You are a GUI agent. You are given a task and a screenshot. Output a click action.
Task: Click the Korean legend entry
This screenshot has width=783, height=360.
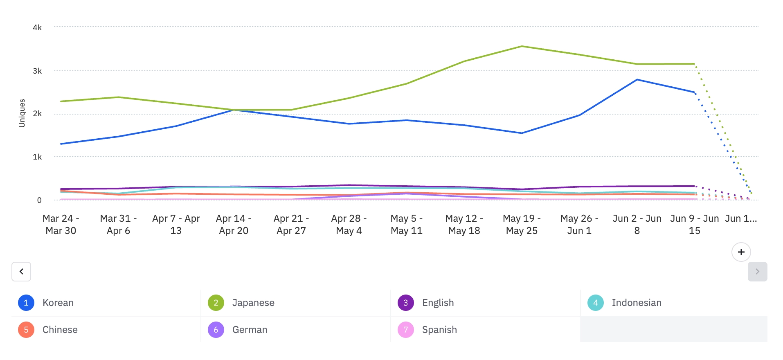click(58, 303)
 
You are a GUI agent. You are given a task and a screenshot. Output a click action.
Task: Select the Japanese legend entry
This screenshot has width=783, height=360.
click(253, 303)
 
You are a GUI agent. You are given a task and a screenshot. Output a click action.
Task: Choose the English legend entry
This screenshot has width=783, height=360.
click(437, 303)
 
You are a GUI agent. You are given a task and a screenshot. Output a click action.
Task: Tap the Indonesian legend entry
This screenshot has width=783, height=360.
click(636, 303)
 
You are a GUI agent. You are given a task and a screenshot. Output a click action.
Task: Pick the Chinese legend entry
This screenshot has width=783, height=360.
click(60, 330)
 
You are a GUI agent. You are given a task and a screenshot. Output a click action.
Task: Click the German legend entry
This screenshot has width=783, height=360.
click(250, 330)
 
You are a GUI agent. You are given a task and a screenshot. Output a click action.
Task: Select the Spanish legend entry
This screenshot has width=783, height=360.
click(439, 330)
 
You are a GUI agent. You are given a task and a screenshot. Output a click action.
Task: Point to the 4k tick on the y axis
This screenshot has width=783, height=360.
click(37, 27)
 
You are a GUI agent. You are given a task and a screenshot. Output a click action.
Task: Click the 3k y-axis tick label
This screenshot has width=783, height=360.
click(37, 71)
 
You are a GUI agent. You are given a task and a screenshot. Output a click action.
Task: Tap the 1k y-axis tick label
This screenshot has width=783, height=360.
click(37, 157)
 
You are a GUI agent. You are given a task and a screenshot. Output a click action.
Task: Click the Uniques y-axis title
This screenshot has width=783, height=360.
click(22, 113)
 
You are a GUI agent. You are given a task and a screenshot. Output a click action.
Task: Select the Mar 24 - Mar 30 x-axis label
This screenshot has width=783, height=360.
click(61, 225)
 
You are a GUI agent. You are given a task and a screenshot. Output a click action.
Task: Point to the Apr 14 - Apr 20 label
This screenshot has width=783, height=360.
click(234, 225)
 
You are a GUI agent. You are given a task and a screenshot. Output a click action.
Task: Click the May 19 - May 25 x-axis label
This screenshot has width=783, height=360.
click(522, 225)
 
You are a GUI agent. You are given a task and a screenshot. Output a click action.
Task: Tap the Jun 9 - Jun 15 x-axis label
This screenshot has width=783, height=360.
click(694, 225)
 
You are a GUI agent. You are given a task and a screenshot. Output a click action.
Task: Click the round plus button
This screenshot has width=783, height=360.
click(741, 252)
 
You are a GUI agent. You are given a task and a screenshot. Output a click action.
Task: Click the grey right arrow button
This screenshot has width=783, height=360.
click(757, 272)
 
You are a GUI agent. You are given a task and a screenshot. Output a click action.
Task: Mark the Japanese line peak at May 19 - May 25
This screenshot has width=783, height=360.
click(522, 46)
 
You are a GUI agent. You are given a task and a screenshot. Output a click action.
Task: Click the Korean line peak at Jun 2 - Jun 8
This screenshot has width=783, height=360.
click(637, 80)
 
